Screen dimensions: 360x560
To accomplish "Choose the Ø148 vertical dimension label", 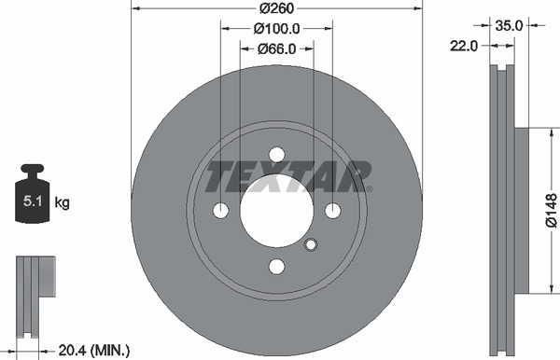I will pyautogui.click(x=550, y=210).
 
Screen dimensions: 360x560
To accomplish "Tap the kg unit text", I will pyautogui.click(x=63, y=202).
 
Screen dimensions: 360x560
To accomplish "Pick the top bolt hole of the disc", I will pyautogui.click(x=276, y=155).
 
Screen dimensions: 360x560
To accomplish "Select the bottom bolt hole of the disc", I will pyautogui.click(x=276, y=267).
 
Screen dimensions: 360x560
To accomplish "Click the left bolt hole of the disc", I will pyautogui.click(x=220, y=211).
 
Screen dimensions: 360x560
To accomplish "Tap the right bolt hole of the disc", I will pyautogui.click(x=332, y=211).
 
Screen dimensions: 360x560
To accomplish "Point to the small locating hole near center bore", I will pyautogui.click(x=312, y=245).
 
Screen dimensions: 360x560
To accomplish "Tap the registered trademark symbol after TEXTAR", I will pyautogui.click(x=369, y=189).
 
